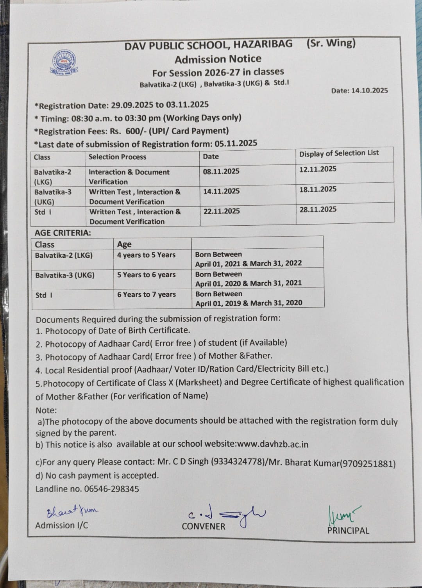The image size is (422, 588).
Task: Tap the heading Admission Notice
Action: (218, 59)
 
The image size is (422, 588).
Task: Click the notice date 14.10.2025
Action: (369, 91)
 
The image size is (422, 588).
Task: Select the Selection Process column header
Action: (117, 157)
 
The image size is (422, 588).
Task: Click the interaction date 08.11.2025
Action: (221, 171)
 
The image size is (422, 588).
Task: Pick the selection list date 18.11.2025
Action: (318, 189)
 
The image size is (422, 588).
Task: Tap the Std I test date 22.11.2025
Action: (222, 211)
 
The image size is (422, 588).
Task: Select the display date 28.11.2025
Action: (318, 209)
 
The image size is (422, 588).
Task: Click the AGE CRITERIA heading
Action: (63, 233)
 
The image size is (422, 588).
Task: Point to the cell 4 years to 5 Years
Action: (146, 255)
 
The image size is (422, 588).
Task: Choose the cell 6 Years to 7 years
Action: (147, 294)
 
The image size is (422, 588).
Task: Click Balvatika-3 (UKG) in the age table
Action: (65, 275)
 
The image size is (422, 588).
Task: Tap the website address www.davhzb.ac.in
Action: (273, 444)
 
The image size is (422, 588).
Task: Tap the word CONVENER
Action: (203, 526)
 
